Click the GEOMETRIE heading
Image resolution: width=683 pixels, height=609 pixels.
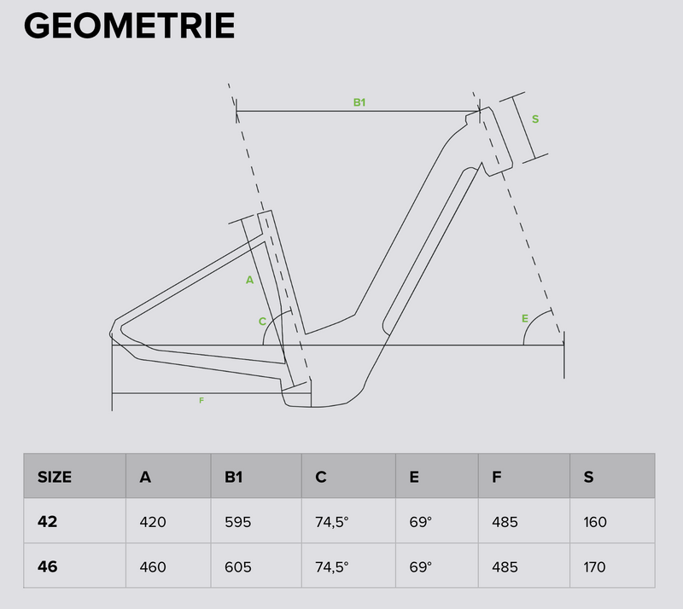(130, 26)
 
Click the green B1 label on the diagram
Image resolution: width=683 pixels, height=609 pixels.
(359, 102)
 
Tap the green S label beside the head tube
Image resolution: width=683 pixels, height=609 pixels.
(535, 119)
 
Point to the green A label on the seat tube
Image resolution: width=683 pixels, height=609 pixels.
(249, 280)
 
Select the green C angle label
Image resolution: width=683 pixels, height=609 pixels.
(262, 322)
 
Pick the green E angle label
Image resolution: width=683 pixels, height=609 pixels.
(525, 319)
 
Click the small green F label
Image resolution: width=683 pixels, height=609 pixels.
(201, 401)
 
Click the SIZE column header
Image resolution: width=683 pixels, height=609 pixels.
(55, 477)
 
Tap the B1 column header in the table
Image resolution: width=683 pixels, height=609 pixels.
(233, 477)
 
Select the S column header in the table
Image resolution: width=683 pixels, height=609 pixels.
(588, 477)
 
